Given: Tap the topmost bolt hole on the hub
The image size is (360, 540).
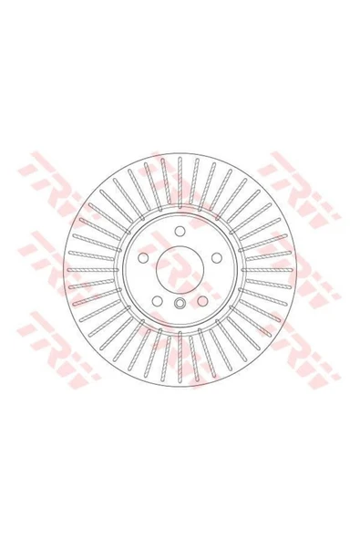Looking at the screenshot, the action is coord(180,231).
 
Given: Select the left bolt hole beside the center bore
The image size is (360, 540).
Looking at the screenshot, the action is coord(143,257).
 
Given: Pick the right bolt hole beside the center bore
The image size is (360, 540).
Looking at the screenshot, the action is coord(216,257).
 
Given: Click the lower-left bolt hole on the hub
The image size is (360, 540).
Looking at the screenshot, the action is coord(157,301).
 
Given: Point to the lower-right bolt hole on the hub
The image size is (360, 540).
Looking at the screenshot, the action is coord(202,301).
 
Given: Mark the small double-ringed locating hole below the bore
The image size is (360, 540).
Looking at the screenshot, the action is coord(180,304).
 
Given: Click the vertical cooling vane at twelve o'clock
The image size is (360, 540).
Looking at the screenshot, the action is coord(180,182).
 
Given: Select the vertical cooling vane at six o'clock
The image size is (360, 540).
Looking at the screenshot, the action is coord(180,357).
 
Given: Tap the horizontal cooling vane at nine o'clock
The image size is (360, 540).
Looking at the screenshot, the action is coord(93,270).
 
